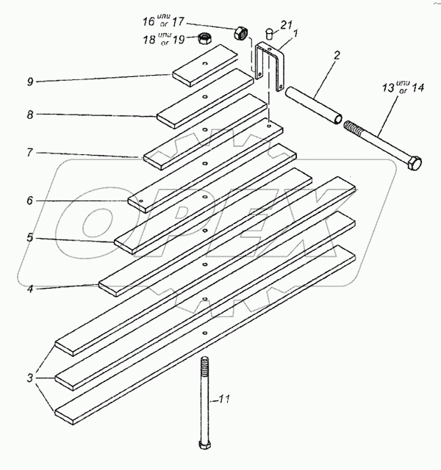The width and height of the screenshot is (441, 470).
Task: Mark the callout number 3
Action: pos(30,379)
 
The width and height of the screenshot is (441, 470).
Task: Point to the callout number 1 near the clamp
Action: pos(295,34)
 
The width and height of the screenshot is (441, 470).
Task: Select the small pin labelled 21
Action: pos(268,32)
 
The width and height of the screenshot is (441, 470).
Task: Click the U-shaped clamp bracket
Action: pos(270,66)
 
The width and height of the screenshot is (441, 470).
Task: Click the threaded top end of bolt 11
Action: pos(203,367)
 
